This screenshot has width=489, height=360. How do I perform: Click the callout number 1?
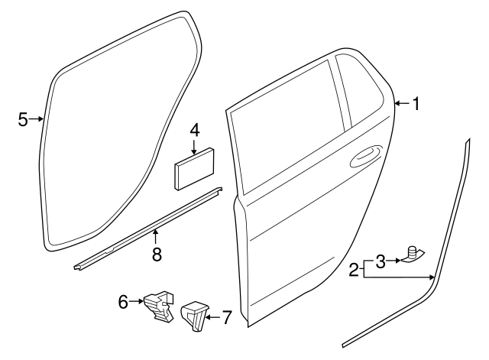[416, 104]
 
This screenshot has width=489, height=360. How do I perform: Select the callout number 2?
[355, 269]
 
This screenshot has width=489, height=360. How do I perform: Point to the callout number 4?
[195, 129]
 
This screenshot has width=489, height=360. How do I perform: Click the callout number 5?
[23, 118]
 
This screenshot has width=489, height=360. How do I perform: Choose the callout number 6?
[123, 303]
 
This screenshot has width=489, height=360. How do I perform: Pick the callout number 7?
[225, 316]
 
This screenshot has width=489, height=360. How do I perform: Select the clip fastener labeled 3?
[413, 255]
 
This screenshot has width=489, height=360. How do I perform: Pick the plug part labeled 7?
[193, 314]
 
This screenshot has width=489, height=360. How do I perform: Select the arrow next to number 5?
[36, 118]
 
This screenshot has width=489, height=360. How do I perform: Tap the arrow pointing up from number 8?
[157, 237]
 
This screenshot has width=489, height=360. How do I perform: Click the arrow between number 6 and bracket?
[138, 303]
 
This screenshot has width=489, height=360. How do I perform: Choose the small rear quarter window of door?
[356, 91]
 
